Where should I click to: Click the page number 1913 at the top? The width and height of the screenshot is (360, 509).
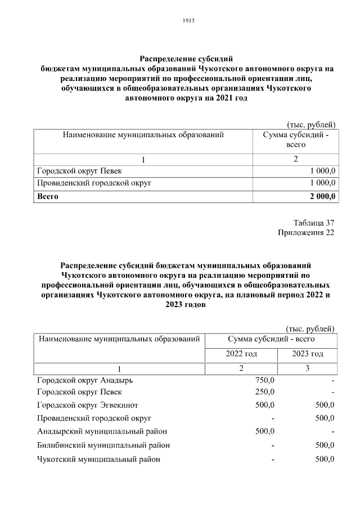tap(188, 20)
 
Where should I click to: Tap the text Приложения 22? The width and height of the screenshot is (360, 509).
tap(306, 233)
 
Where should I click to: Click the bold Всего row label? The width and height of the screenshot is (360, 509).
tap(48, 196)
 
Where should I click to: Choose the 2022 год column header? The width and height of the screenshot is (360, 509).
tap(241, 354)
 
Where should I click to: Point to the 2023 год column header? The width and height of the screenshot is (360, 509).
tap(308, 354)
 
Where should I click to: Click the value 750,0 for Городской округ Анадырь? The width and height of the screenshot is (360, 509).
tap(264, 380)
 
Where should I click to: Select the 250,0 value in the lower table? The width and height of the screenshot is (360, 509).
tap(264, 391)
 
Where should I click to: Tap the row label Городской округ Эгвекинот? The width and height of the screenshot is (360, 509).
tap(87, 405)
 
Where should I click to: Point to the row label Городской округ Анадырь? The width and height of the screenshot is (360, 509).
tap(85, 380)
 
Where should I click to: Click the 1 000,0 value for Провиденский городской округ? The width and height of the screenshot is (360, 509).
tap(323, 183)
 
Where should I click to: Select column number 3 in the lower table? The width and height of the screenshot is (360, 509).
tap(308, 368)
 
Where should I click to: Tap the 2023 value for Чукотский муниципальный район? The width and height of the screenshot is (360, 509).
tap(325, 459)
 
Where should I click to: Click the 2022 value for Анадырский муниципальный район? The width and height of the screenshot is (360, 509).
tap(264, 431)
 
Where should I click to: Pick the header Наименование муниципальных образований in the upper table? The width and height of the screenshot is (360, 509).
tap(143, 135)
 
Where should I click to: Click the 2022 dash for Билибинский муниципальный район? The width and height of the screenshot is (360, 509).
tap(272, 445)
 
